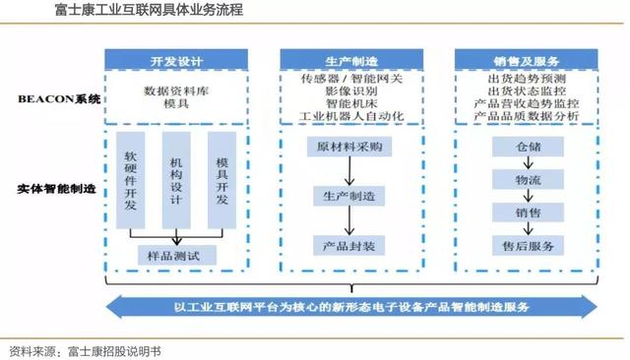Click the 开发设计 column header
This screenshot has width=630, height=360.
point(177,61)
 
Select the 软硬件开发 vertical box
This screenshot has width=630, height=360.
point(131,181)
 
